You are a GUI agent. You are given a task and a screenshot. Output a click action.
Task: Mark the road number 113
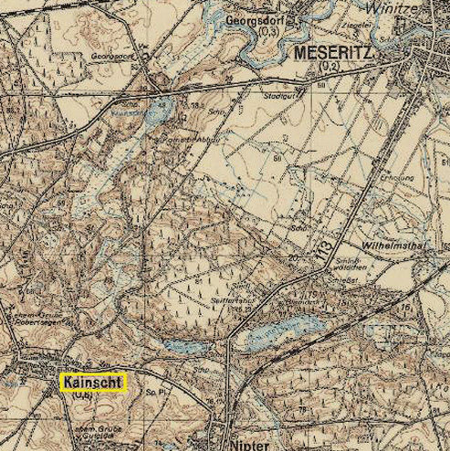319,244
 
